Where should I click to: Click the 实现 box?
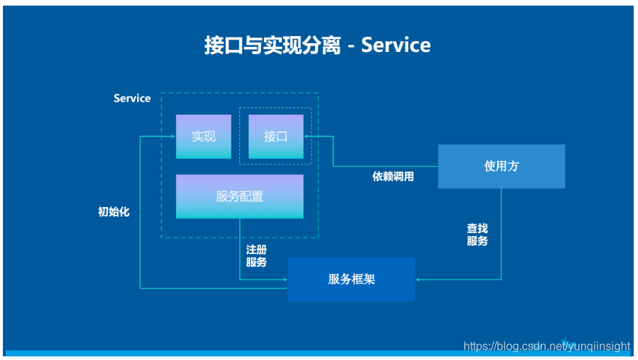pos(203,136)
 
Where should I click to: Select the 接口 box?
pos(275,136)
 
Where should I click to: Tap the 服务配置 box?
pos(239,196)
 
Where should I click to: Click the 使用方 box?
pos(501,166)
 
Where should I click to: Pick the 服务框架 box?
pos(351,279)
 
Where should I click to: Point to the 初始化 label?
pos(114,212)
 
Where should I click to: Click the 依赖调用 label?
pos(393,176)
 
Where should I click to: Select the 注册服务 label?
pos(257,255)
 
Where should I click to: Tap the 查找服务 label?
pos(477,234)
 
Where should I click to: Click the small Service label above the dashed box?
pos(132,98)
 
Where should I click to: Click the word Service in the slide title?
pos(396,45)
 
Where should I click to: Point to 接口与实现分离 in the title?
pos(273,45)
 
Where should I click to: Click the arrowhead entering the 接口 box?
pos(308,136)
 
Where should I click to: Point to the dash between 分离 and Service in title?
pos(350,47)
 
